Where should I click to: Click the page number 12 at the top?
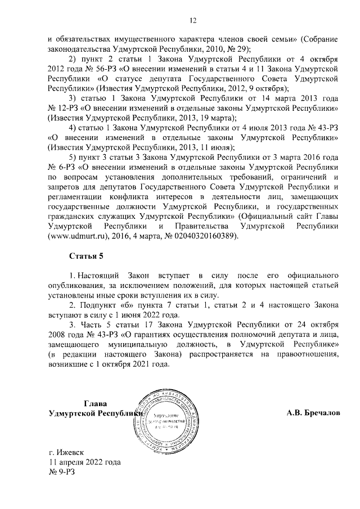click(x=192, y=21)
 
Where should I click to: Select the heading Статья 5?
click(x=86, y=256)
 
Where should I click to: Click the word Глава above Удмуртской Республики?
click(x=95, y=403)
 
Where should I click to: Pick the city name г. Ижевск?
click(x=66, y=453)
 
